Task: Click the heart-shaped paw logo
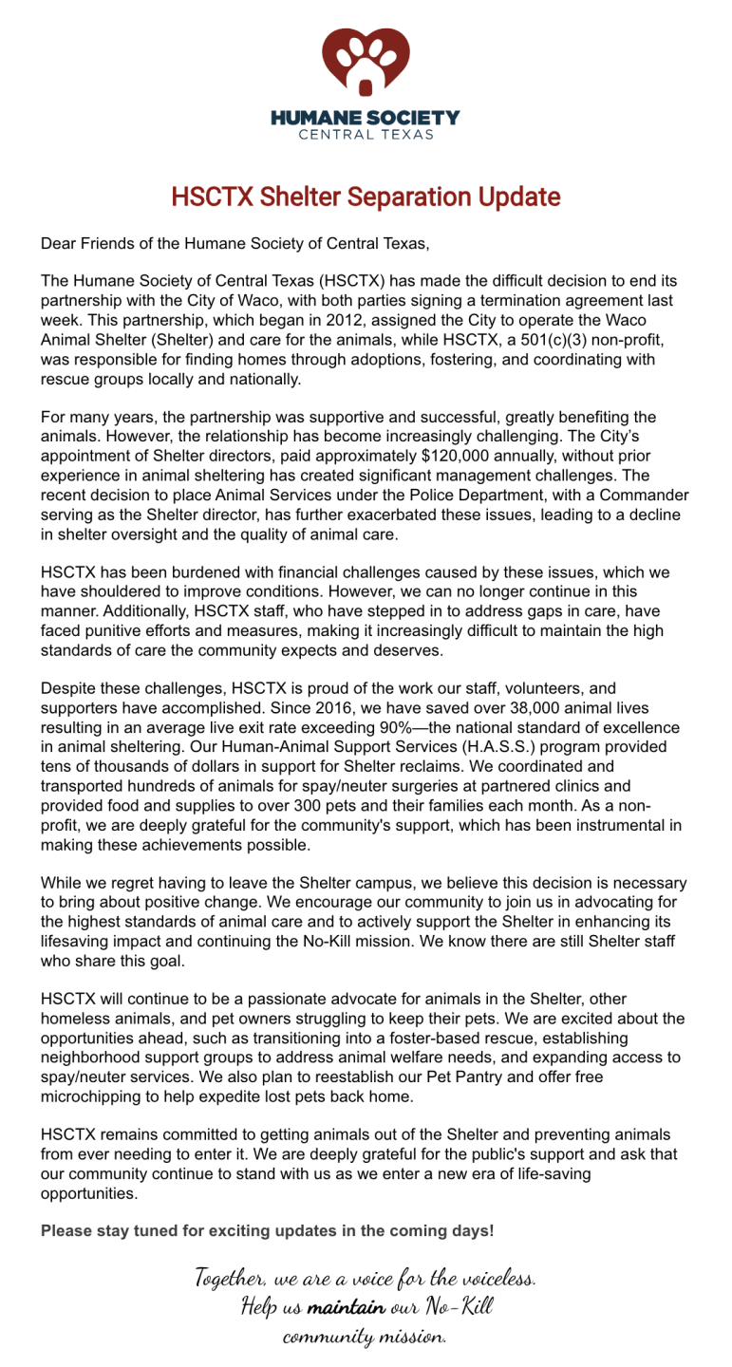click(x=366, y=62)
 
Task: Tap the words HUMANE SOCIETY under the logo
click(x=366, y=119)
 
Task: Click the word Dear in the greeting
click(x=58, y=244)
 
